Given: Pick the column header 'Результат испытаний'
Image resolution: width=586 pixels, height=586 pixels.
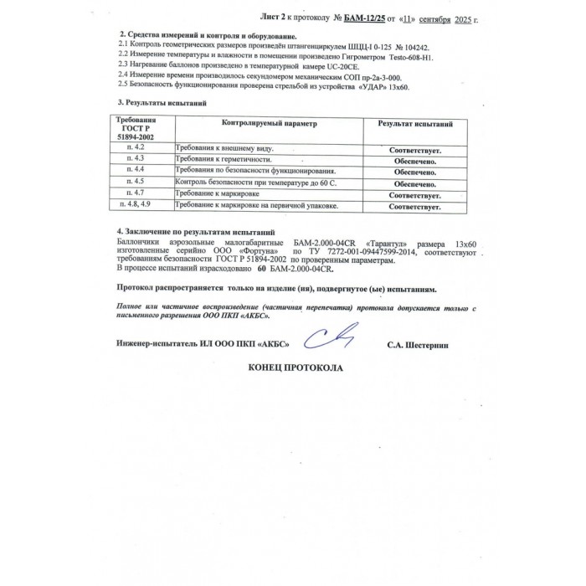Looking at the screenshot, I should [x=415, y=123].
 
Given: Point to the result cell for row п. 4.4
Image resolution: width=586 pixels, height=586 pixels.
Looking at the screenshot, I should [x=414, y=171].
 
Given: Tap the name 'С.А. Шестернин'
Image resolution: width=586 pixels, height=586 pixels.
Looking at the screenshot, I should [x=424, y=344].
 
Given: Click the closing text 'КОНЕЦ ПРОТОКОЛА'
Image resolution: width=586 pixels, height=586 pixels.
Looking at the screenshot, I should [x=296, y=368].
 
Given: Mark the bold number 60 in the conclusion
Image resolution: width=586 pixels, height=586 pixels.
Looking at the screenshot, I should [x=261, y=270].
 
